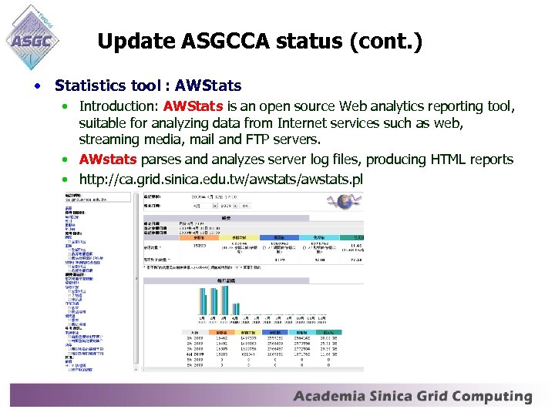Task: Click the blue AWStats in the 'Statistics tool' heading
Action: (x=208, y=85)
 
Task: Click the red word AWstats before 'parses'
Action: (x=108, y=159)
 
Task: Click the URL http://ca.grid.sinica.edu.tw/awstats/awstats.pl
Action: (x=220, y=179)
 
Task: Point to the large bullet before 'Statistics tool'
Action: (x=38, y=85)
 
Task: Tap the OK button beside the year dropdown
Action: (x=244, y=206)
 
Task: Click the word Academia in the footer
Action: (x=330, y=397)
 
